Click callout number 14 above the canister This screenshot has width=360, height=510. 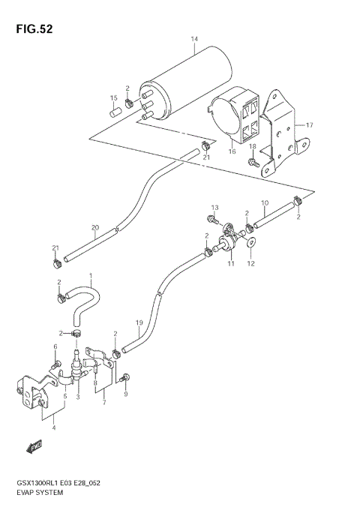194,39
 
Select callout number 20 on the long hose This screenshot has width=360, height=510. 94,228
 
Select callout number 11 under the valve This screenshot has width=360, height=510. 230,265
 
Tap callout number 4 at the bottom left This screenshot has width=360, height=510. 52,428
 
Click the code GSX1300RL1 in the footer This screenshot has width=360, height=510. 32,484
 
